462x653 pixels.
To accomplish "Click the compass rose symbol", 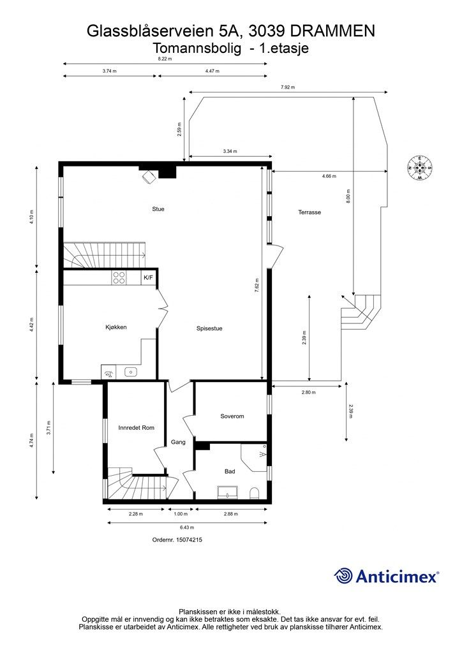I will (x=419, y=168).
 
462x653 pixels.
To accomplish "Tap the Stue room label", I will (x=158, y=209).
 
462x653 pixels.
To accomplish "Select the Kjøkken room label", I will (x=116, y=327).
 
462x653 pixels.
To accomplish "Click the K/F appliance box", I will (x=148, y=277).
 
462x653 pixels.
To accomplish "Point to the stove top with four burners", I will (x=119, y=277).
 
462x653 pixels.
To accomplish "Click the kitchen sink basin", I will (x=131, y=371).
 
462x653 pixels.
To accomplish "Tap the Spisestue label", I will (x=209, y=328).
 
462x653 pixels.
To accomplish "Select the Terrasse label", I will (x=309, y=212).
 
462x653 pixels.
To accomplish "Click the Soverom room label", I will (x=232, y=416).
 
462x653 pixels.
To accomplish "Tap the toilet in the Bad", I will (x=254, y=492).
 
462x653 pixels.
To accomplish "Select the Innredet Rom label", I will (x=137, y=427).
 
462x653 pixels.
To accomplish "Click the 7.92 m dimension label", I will (x=288, y=87).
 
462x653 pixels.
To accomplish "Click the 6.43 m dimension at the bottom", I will (x=186, y=527).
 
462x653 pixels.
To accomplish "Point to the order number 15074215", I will (x=177, y=539).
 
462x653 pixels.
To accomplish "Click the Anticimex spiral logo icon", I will (x=343, y=576).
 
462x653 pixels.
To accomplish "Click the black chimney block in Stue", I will (x=167, y=171).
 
